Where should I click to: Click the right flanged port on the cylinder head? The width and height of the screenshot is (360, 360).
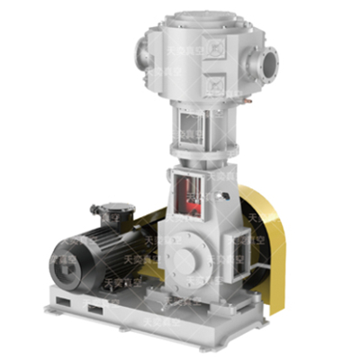click(x=267, y=63)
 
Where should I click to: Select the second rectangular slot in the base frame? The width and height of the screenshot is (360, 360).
click(x=95, y=311)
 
